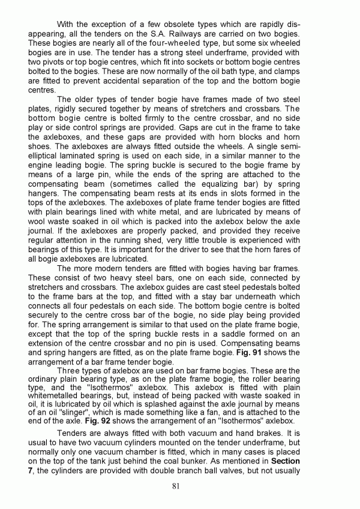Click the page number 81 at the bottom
click(176, 486)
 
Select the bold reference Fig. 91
click(319, 352)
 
